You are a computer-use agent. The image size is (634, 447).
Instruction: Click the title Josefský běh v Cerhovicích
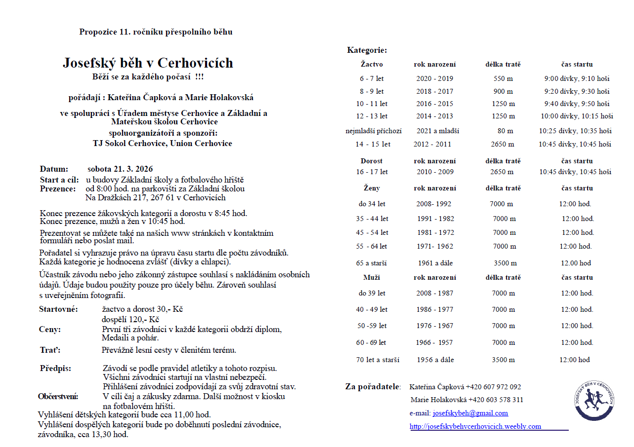pos(148,63)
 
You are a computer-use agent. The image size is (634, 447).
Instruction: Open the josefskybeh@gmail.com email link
pos(470,413)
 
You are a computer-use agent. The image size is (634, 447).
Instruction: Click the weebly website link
pos(475,426)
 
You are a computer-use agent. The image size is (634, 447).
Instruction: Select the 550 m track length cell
pos(503,78)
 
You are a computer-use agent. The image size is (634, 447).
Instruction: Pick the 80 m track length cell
pos(505,131)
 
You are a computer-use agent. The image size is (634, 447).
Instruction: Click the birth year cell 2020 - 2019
pos(434,78)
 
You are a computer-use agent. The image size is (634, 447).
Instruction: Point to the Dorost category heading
pos(372,161)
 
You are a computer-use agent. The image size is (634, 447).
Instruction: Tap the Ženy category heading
pos(372,188)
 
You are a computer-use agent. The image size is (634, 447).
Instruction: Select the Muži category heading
pos(372,277)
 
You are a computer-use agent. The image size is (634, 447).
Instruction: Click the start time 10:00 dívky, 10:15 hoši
pos(577,116)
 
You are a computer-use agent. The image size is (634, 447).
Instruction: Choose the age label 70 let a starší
pos(378,360)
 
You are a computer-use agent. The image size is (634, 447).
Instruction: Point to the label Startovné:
pos(58,309)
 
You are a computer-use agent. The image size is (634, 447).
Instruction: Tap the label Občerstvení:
pos(58,396)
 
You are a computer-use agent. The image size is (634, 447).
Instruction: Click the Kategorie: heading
pos(367,50)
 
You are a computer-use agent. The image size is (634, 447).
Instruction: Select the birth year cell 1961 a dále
pos(435,263)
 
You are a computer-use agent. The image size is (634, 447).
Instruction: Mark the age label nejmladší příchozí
pos(374,131)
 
